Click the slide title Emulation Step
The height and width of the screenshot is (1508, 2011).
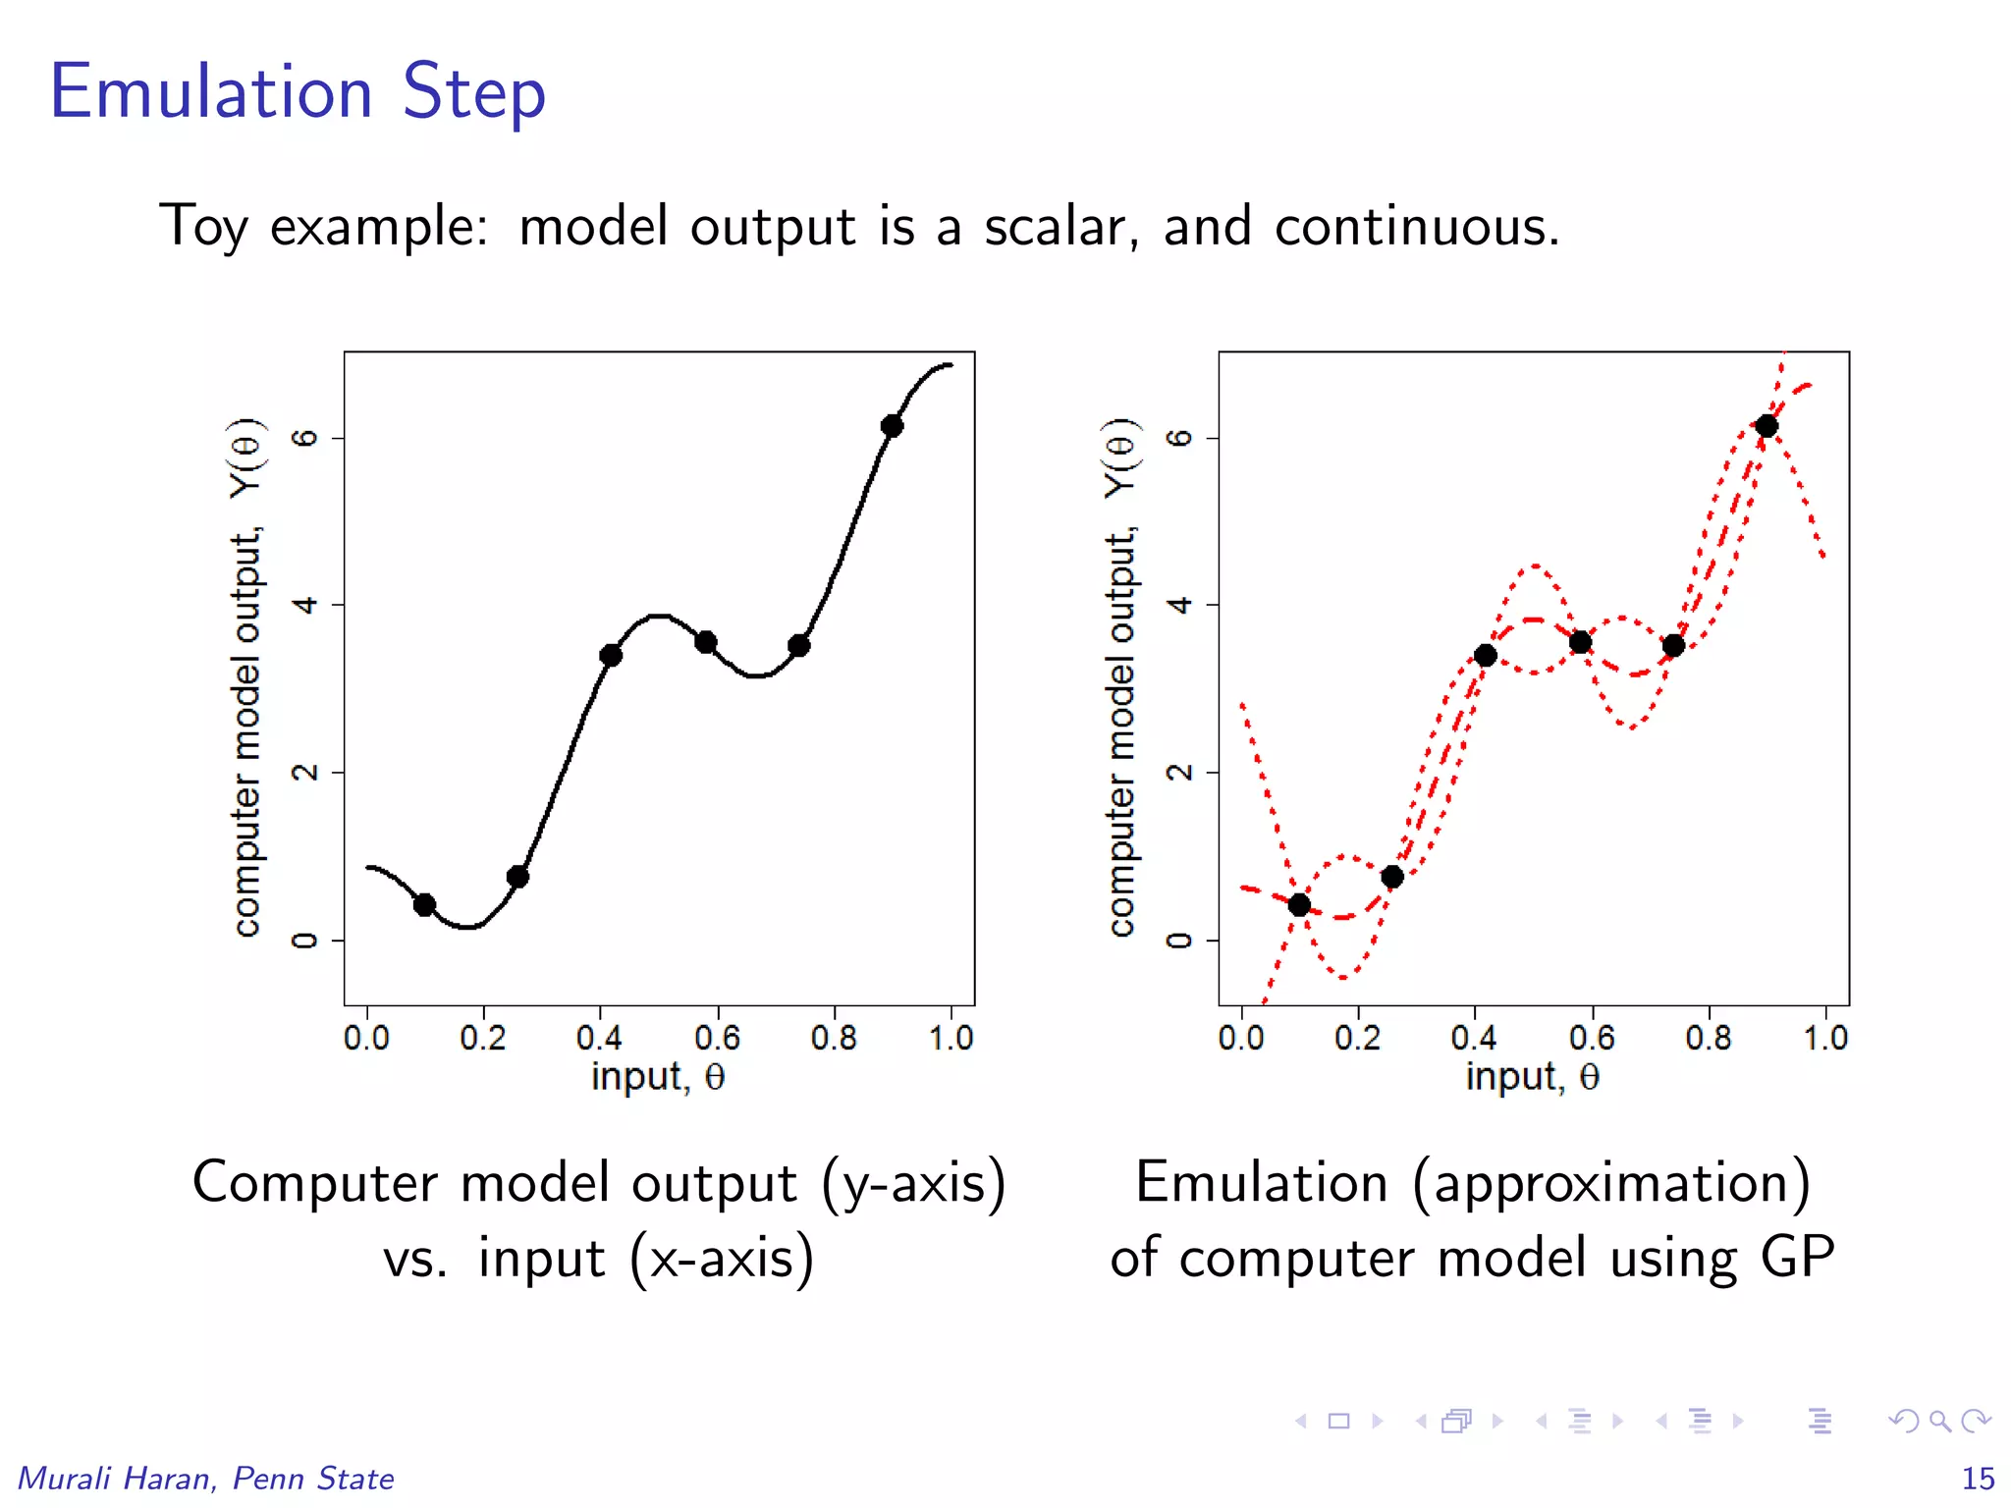pyautogui.click(x=298, y=92)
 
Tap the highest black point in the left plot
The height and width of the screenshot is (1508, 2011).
pyautogui.click(x=892, y=426)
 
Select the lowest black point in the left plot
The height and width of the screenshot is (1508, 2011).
pyautogui.click(x=424, y=904)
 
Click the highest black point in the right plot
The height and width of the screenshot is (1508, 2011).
pyautogui.click(x=1766, y=426)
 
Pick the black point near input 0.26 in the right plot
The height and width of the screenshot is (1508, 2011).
pyautogui.click(x=1392, y=877)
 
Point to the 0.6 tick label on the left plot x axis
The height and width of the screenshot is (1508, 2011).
pyautogui.click(x=717, y=1039)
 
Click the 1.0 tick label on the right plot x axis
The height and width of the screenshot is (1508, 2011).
pyautogui.click(x=1825, y=1039)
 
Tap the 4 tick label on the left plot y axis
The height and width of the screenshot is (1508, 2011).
pyautogui.click(x=305, y=605)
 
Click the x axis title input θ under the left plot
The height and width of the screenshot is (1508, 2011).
pyautogui.click(x=658, y=1078)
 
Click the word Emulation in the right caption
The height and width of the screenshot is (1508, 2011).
pyautogui.click(x=1261, y=1182)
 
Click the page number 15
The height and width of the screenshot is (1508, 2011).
pyautogui.click(x=1978, y=1479)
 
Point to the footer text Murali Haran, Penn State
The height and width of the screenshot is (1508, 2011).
pyautogui.click(x=206, y=1479)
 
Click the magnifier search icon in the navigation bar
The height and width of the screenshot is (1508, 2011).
pyautogui.click(x=1939, y=1421)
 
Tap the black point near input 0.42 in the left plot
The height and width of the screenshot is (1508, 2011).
pyautogui.click(x=611, y=655)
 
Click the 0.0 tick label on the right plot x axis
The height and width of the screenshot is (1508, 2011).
pyautogui.click(x=1241, y=1039)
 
